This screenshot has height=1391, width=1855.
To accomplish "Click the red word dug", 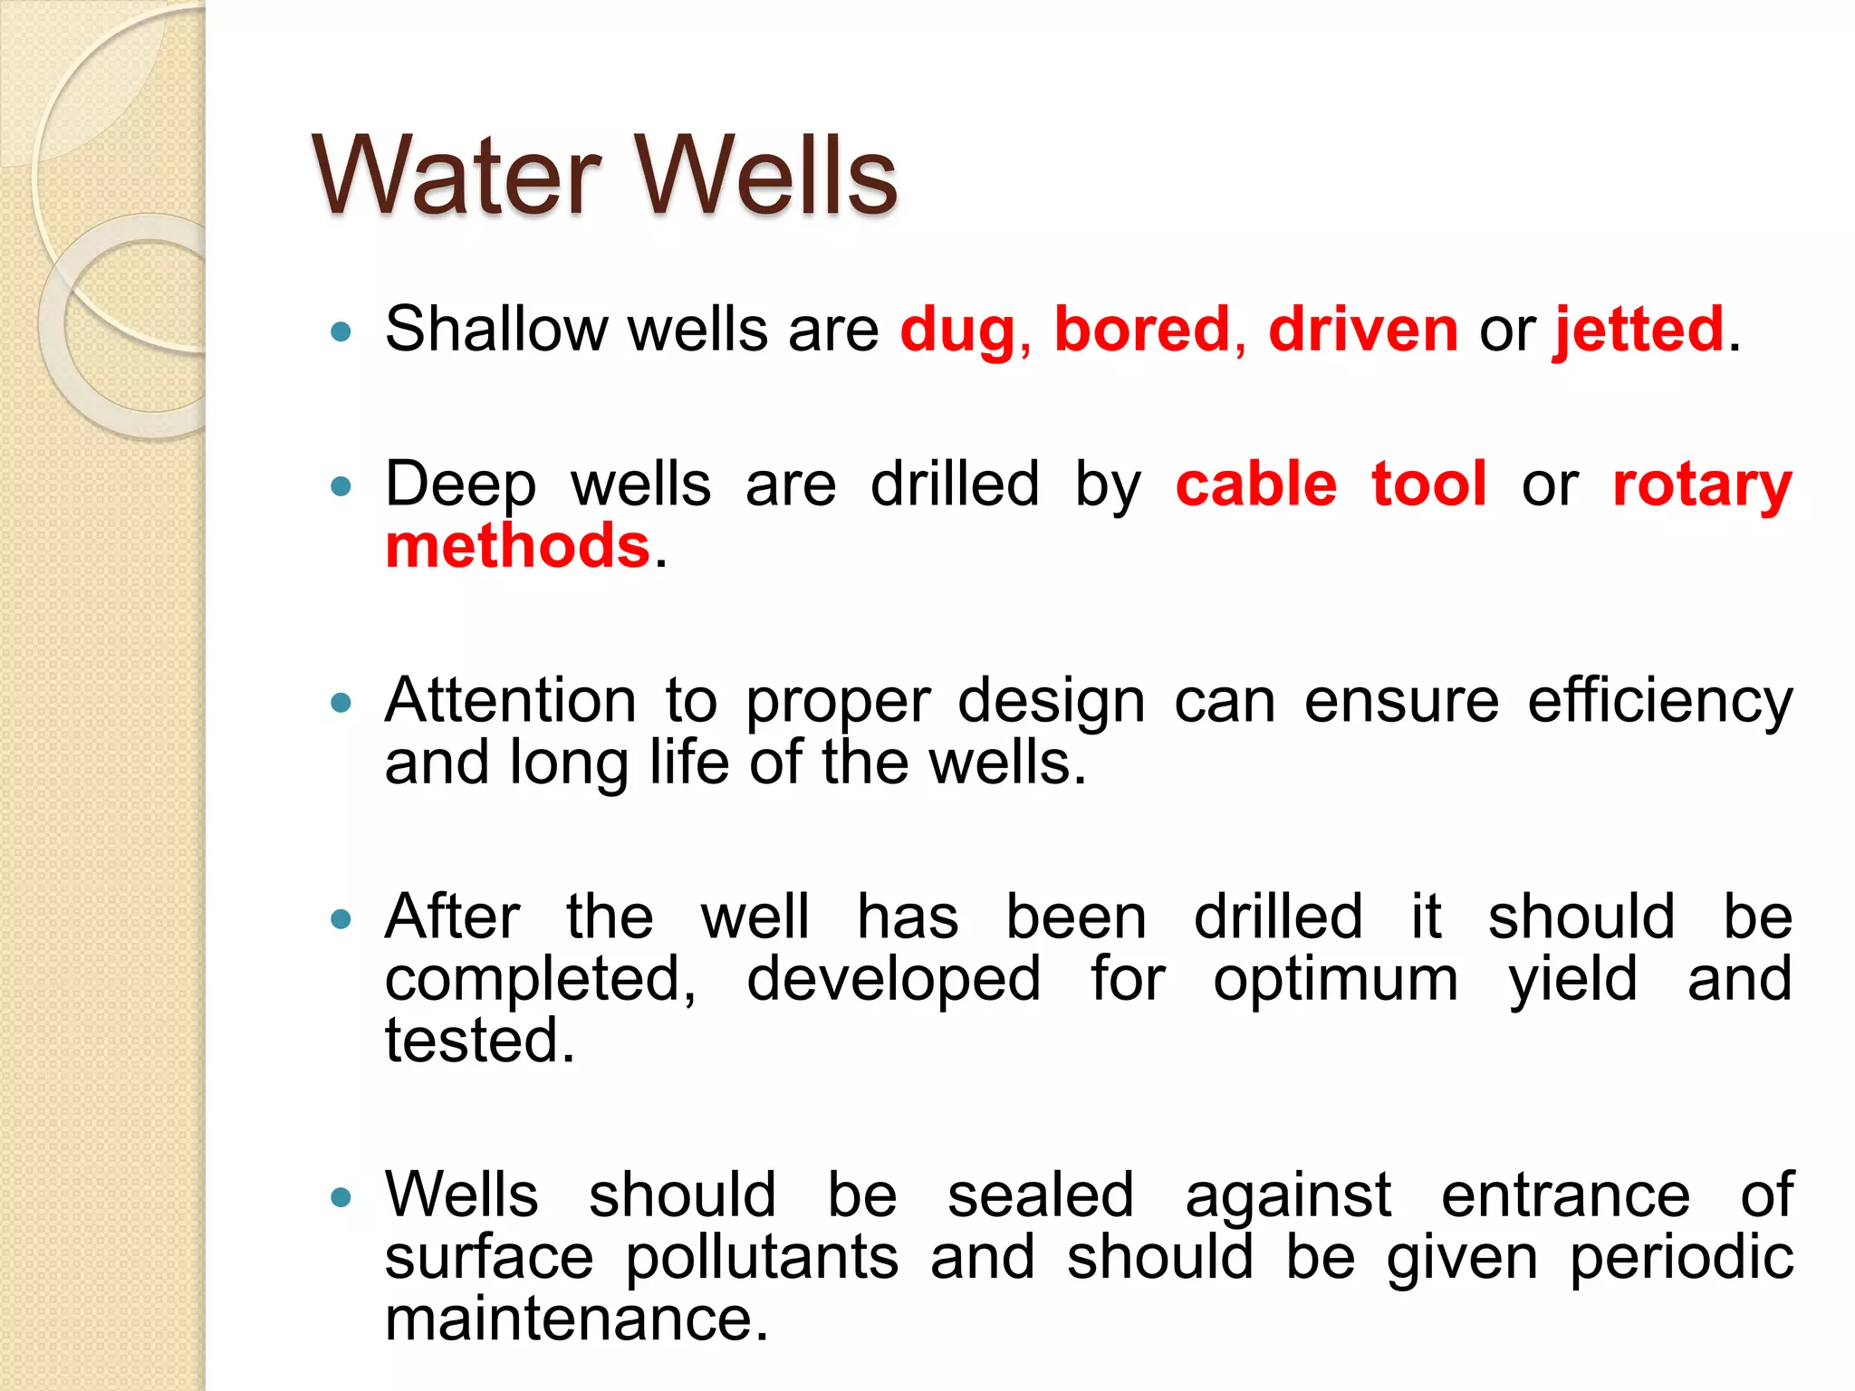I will pos(958,331).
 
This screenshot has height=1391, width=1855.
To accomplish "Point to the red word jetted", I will pos(1639,331).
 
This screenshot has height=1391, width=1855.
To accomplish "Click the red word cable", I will pos(1256,484).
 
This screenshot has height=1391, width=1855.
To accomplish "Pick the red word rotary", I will pos(1702,485).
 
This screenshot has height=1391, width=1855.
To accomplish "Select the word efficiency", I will pos(1659,702).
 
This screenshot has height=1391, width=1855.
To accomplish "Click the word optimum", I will pos(1335,980).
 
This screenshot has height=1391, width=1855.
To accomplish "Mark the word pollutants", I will pos(762,1258).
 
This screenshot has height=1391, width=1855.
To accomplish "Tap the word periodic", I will pos(1680,1258).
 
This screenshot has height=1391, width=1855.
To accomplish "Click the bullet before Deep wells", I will pos(341,487).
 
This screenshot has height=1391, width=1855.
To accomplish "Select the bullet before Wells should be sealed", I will pos(341,1198).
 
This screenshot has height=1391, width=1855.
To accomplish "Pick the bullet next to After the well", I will pos(341,920).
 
